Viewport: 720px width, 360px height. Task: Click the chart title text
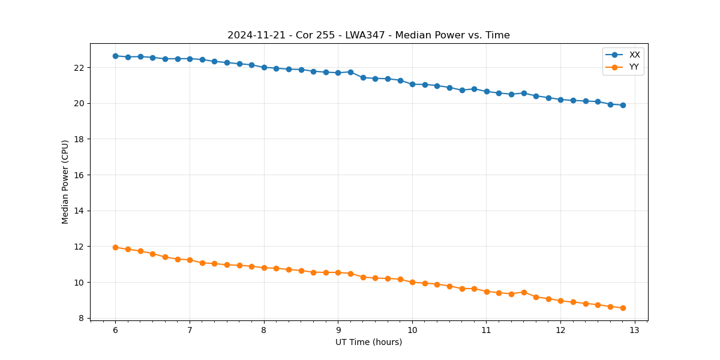pyautogui.click(x=368, y=35)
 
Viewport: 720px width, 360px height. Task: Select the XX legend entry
pyautogui.click(x=634, y=55)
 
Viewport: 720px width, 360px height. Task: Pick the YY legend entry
pyautogui.click(x=634, y=67)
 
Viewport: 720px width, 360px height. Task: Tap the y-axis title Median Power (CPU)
pyautogui.click(x=65, y=182)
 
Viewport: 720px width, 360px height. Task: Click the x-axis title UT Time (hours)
pyautogui.click(x=368, y=343)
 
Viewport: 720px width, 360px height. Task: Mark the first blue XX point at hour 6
pyautogui.click(x=115, y=56)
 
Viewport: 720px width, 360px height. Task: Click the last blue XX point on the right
pyautogui.click(x=623, y=105)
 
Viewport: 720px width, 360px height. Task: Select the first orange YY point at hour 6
pyautogui.click(x=115, y=247)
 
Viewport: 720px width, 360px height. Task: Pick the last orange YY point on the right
pyautogui.click(x=623, y=308)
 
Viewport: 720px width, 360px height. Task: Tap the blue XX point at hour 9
pyautogui.click(x=338, y=73)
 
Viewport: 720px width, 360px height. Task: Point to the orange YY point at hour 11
pyautogui.click(x=487, y=292)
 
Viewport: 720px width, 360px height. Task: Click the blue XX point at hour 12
pyautogui.click(x=560, y=100)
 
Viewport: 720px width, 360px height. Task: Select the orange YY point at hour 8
pyautogui.click(x=264, y=268)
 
